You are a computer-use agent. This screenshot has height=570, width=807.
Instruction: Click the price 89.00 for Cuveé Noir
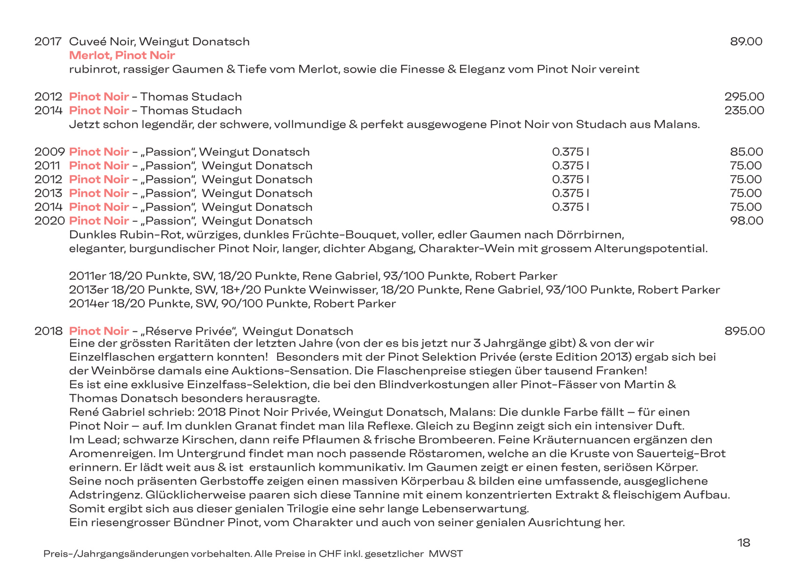tap(746, 42)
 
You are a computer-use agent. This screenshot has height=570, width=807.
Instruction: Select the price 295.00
tap(744, 97)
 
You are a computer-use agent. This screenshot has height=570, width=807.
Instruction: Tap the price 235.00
tap(744, 110)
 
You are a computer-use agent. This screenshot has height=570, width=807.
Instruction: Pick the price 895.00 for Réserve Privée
tap(744, 331)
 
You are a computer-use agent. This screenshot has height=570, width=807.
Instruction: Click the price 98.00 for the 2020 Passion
tap(746, 221)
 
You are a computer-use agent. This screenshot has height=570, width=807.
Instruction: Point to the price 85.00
tap(746, 152)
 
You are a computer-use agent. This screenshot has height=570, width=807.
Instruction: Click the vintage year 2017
tap(48, 42)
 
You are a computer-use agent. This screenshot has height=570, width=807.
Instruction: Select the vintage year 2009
tap(49, 152)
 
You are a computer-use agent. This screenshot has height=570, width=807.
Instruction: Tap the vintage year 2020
tap(49, 221)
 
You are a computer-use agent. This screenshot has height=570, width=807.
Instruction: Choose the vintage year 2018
tap(48, 331)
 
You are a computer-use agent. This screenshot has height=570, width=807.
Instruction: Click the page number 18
tap(743, 542)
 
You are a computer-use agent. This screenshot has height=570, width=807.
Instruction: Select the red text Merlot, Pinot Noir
tap(122, 55)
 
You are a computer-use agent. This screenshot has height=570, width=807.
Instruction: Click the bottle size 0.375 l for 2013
tap(570, 193)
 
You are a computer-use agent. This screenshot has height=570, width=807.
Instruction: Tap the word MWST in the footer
tap(445, 554)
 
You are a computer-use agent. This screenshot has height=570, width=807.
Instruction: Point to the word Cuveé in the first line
tap(88, 42)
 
